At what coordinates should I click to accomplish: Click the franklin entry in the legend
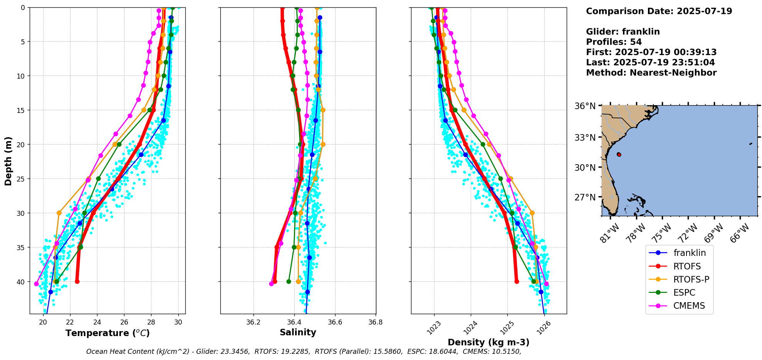point(689,253)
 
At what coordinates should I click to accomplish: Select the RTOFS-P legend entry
point(691,279)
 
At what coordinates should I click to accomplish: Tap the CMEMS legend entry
point(689,306)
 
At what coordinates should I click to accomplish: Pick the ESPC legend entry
point(684,293)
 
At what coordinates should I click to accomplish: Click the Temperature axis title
point(107,333)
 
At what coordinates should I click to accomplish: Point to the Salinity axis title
point(298,332)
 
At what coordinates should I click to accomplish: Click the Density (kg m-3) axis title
point(488,342)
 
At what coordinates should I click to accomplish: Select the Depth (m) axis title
point(8,161)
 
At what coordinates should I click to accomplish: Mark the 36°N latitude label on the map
point(585,106)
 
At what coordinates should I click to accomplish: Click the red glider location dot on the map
point(619,154)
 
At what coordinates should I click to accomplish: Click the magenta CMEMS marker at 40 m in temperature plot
point(37,284)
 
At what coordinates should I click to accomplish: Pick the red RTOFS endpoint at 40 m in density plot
point(517,281)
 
